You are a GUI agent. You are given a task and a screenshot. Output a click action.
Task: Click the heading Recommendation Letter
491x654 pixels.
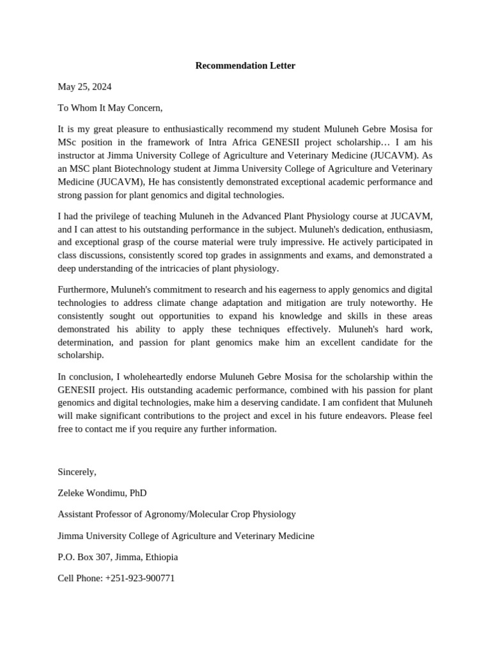pos(245,66)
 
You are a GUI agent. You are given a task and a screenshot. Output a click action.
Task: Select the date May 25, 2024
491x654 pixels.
pos(84,86)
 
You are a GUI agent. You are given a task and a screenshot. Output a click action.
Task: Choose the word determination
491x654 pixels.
pos(85,342)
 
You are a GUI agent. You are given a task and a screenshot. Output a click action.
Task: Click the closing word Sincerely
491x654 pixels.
pos(77,472)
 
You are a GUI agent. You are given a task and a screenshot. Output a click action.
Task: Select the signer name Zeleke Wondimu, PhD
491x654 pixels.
pos(102,493)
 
